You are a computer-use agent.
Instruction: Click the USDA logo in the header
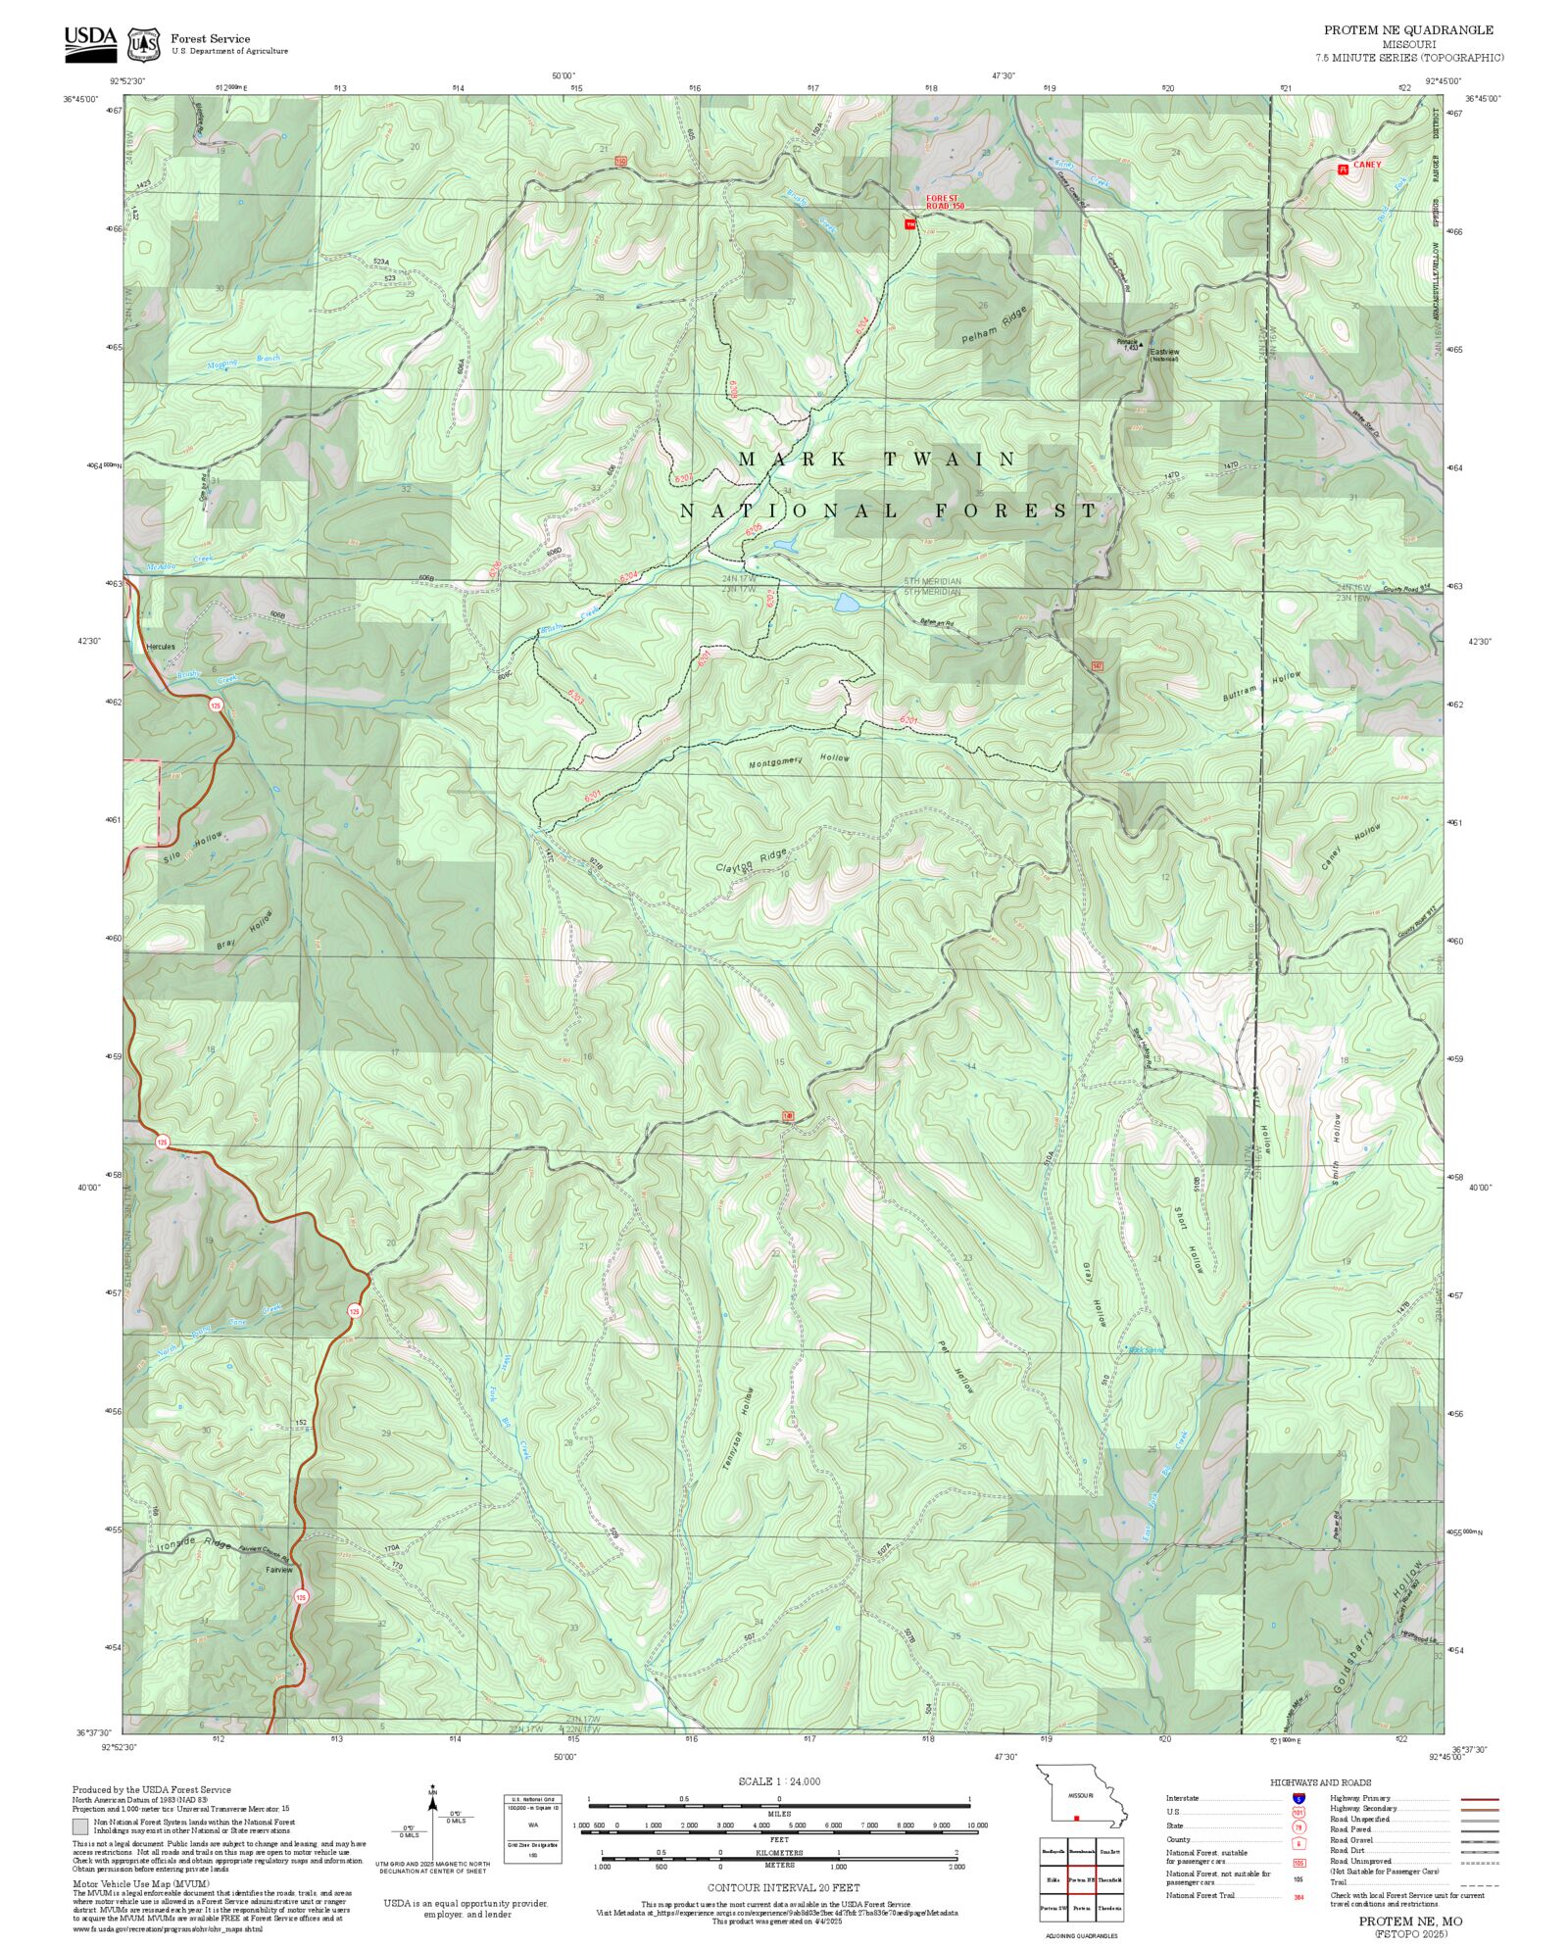(90, 44)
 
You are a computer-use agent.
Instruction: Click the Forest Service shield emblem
(145, 44)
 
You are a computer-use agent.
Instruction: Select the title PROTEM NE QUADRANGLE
(1408, 30)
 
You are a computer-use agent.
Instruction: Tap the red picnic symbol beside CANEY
(1343, 169)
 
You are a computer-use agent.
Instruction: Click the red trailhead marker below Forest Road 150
(909, 224)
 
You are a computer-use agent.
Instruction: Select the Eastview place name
(1164, 352)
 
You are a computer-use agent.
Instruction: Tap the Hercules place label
(160, 647)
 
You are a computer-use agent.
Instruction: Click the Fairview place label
(279, 1570)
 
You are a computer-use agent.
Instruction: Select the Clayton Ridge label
(751, 861)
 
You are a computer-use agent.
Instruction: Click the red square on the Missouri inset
(1076, 1819)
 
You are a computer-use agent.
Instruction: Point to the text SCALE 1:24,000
(779, 1781)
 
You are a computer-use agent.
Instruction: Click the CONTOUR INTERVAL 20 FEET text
(783, 1887)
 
